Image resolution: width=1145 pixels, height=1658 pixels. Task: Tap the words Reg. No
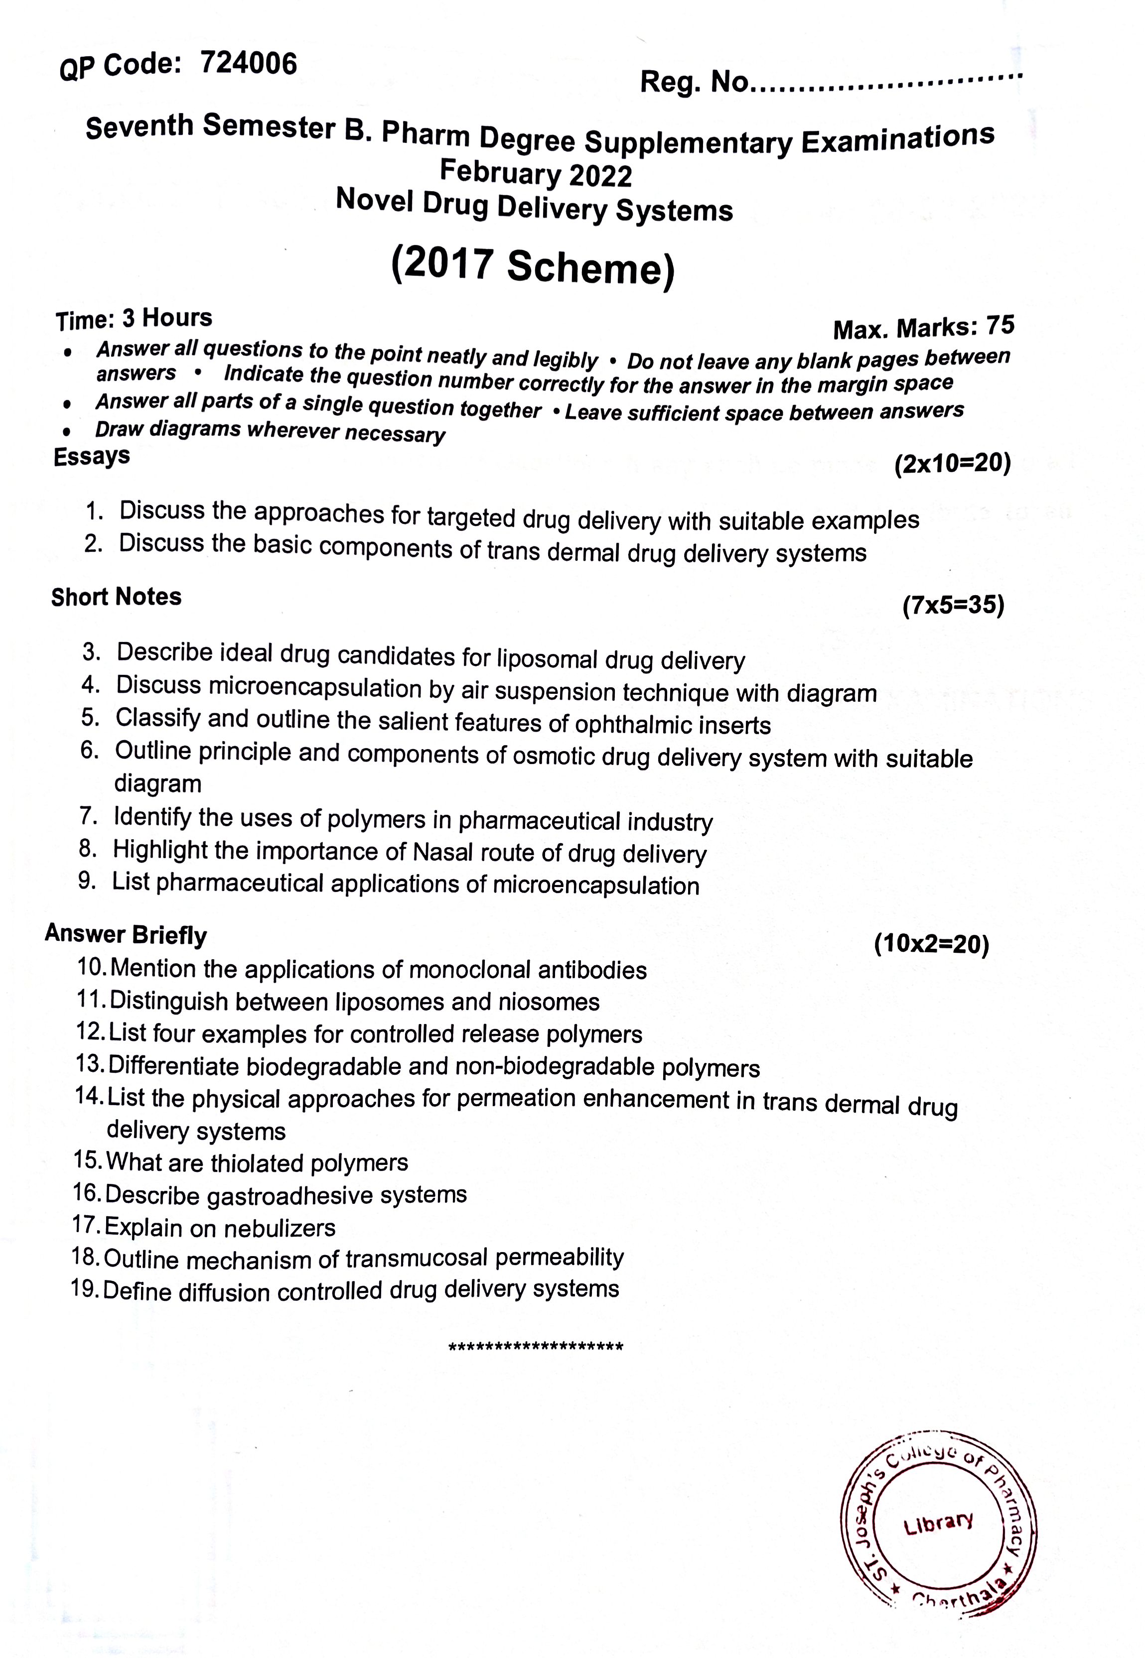tap(694, 83)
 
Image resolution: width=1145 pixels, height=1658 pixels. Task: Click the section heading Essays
tap(92, 456)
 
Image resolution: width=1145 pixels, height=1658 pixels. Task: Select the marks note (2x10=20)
tap(952, 464)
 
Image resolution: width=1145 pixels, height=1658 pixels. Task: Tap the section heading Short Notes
tap(116, 597)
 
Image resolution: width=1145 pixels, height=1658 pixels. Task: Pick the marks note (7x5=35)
tap(953, 606)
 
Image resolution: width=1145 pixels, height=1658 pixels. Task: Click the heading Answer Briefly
tap(126, 934)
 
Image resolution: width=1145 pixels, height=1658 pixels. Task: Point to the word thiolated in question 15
tap(257, 1163)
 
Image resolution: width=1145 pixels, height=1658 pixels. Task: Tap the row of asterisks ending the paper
tap(535, 1347)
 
